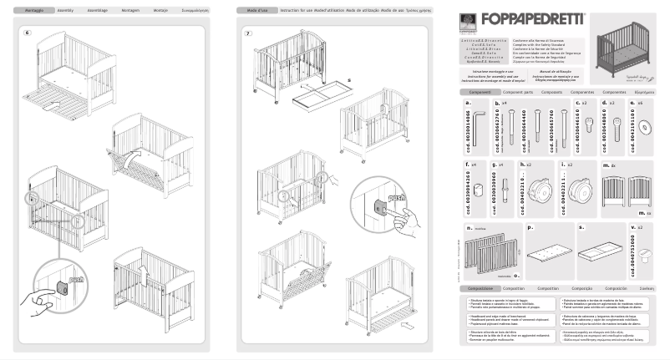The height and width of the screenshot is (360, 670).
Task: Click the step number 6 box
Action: pos(27,33)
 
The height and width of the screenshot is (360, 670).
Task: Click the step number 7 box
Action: pos(247,33)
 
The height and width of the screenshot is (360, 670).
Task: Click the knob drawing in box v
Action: pos(642,256)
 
